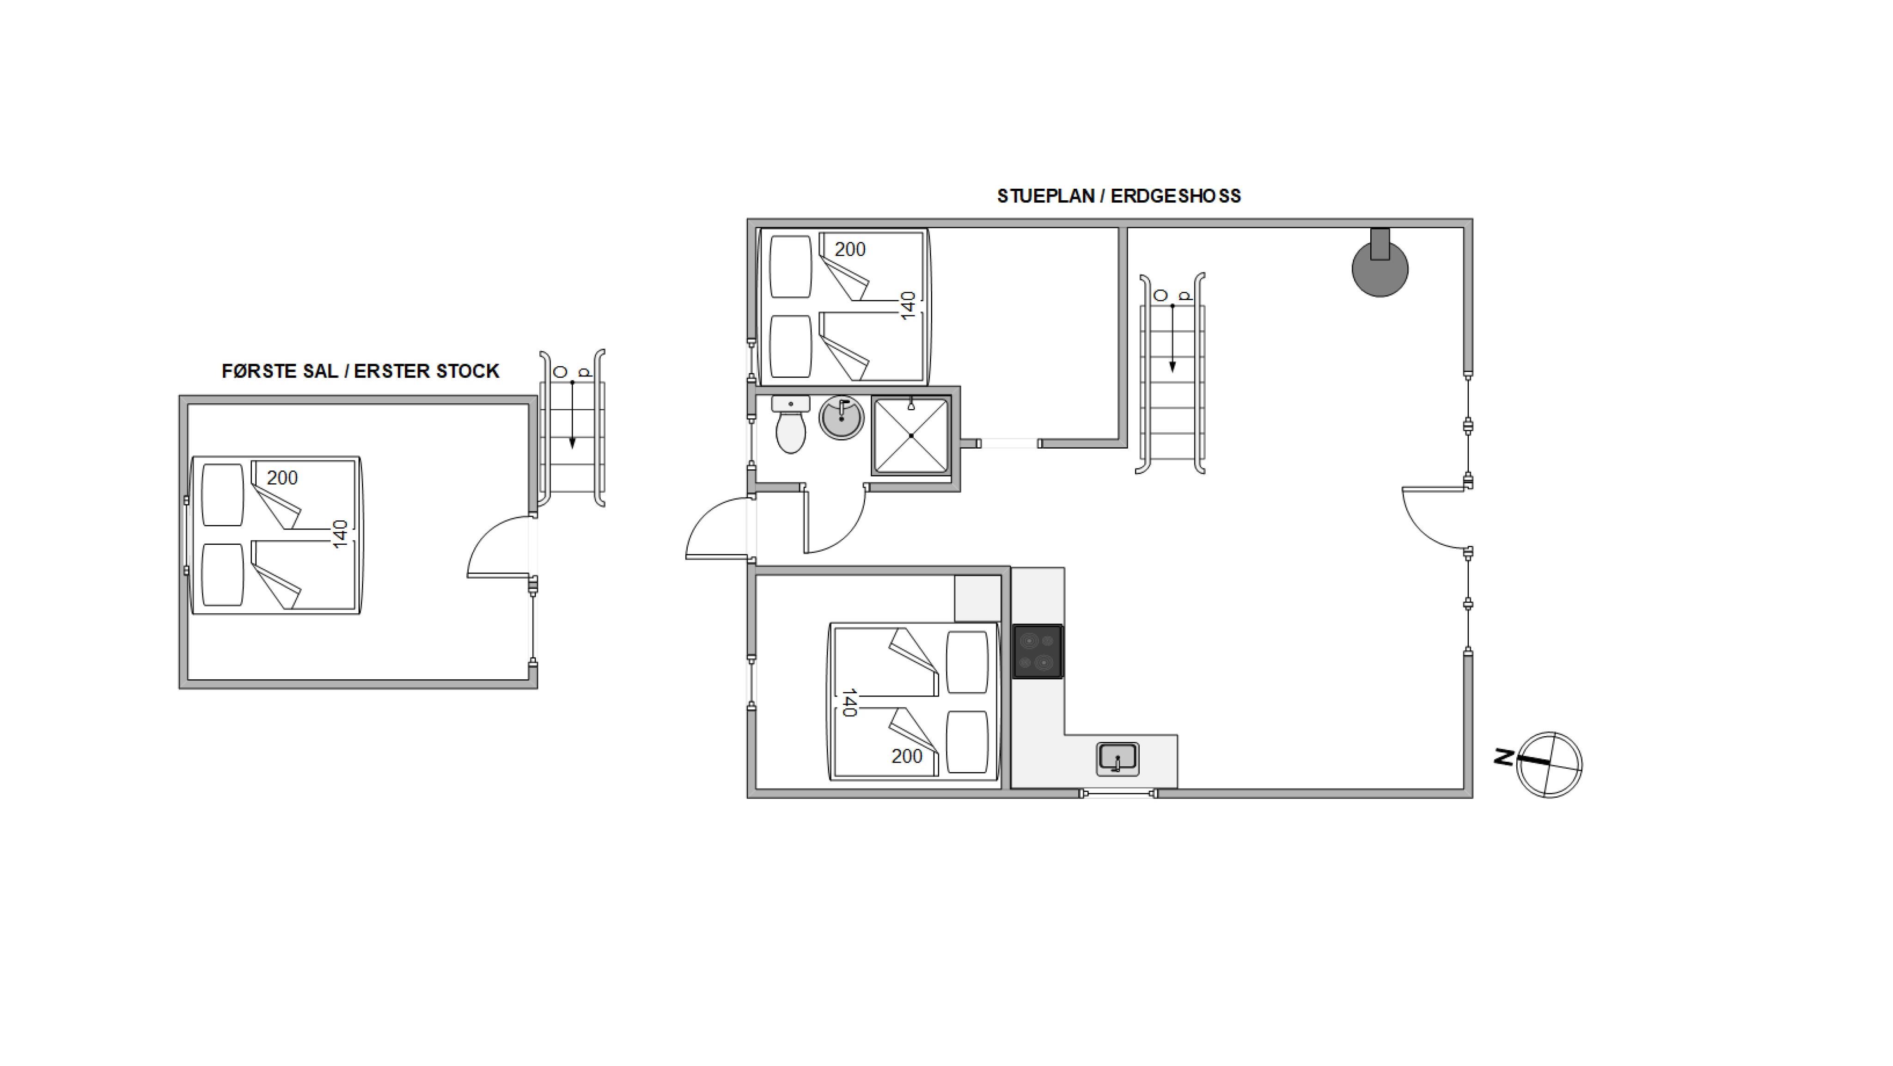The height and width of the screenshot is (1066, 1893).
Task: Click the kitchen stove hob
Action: point(1038,651)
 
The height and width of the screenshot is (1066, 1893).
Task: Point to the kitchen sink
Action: point(1117,759)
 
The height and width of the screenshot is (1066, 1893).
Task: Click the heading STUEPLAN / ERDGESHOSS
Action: point(1118,196)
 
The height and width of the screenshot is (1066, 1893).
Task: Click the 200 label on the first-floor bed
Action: point(282,478)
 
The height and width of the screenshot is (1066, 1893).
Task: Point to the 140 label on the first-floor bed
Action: point(340,535)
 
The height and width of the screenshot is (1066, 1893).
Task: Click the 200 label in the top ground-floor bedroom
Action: point(850,249)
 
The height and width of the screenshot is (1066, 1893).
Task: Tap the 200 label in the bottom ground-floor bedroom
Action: point(907,757)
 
